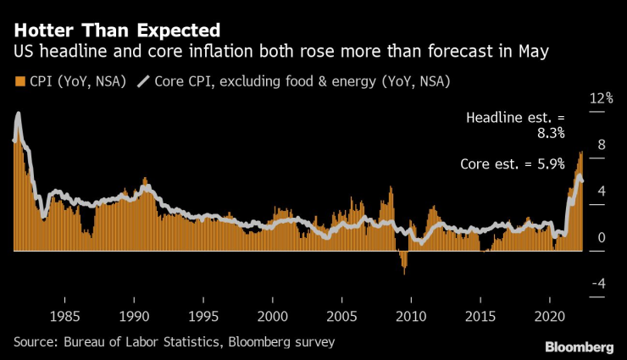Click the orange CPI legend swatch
(19, 82)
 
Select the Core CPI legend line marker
(142, 82)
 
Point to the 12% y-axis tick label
(601, 98)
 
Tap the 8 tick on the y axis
(602, 145)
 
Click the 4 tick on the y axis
(602, 191)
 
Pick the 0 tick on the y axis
(602, 238)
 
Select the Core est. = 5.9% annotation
(512, 164)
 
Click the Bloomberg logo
(579, 347)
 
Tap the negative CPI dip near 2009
(404, 263)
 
